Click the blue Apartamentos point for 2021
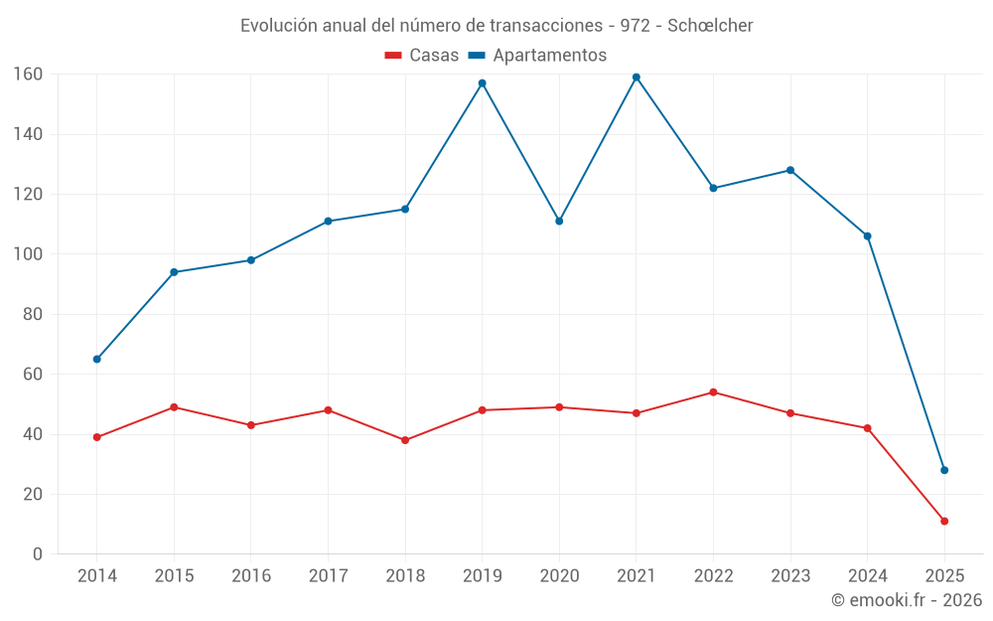pyautogui.click(x=637, y=78)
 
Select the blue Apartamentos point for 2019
pyautogui.click(x=483, y=83)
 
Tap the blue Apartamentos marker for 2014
pyautogui.click(x=97, y=359)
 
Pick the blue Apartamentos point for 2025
pyautogui.click(x=944, y=470)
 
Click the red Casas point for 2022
pyautogui.click(x=713, y=392)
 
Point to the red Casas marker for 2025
pyautogui.click(x=944, y=521)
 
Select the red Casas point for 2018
pyautogui.click(x=405, y=440)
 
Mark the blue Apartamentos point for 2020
pyautogui.click(x=559, y=221)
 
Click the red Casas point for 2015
pyautogui.click(x=174, y=407)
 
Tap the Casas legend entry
pyautogui.click(x=422, y=56)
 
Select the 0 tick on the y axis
pyautogui.click(x=37, y=554)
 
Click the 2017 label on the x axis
pyautogui.click(x=328, y=576)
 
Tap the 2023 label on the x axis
pyautogui.click(x=790, y=576)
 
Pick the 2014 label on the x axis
pyautogui.click(x=97, y=576)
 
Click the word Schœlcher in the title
pyautogui.click(x=710, y=25)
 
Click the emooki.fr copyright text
pyautogui.click(x=907, y=600)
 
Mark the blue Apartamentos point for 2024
pyautogui.click(x=867, y=236)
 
